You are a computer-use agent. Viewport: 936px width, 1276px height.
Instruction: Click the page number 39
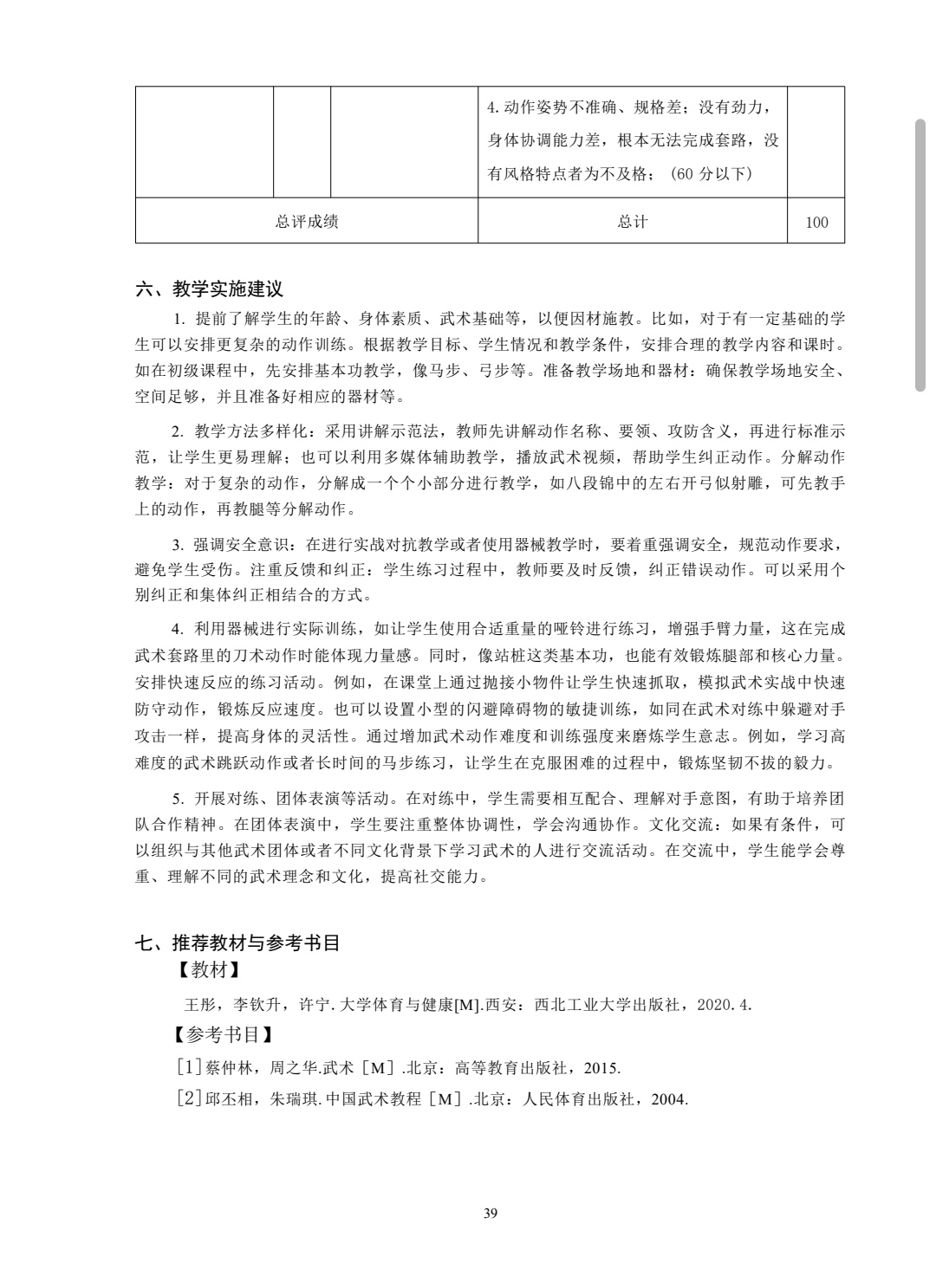point(491,1214)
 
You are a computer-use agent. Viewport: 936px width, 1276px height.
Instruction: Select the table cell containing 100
point(816,222)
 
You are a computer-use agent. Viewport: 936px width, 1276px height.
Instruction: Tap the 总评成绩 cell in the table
point(307,222)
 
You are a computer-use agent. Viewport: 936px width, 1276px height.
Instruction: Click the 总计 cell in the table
point(633,222)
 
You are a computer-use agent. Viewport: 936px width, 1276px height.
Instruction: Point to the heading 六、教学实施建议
point(210,289)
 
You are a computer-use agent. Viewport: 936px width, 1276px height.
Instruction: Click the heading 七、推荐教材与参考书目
point(237,943)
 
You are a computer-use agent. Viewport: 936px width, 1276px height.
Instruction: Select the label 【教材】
point(209,971)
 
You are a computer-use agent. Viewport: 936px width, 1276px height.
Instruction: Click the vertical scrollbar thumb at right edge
point(921,256)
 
